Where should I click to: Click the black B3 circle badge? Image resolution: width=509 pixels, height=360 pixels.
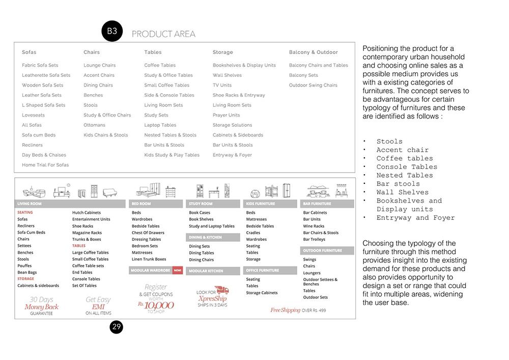[112, 31]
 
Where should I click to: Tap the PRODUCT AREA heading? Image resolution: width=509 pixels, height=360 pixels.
[163, 34]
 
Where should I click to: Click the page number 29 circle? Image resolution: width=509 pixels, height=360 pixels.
[117, 327]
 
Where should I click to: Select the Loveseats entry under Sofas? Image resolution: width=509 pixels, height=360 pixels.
[33, 115]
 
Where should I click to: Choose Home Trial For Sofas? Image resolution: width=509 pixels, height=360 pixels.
[45, 165]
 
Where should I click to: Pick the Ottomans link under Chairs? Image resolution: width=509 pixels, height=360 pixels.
[94, 125]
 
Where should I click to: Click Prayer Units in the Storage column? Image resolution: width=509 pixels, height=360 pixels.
[226, 115]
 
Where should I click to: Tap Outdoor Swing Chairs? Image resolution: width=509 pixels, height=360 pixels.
[313, 85]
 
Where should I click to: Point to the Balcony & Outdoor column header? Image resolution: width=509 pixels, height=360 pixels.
[313, 52]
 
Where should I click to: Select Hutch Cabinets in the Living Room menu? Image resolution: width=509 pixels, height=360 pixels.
[87, 212]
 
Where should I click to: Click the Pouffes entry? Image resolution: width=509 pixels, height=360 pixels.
[24, 266]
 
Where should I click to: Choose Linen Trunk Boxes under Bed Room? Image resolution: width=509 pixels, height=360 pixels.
[149, 259]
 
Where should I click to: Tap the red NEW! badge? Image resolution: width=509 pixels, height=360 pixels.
[178, 270]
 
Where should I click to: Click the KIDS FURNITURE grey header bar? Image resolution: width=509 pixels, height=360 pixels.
[270, 204]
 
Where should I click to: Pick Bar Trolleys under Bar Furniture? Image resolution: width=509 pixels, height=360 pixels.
[314, 239]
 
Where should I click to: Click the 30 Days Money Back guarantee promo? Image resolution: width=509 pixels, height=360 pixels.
[41, 306]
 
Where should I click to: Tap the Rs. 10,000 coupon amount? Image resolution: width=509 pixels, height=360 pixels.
[156, 304]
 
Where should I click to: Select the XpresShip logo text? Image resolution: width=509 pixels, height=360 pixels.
[212, 298]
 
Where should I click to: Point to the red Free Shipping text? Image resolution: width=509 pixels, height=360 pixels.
[285, 310]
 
